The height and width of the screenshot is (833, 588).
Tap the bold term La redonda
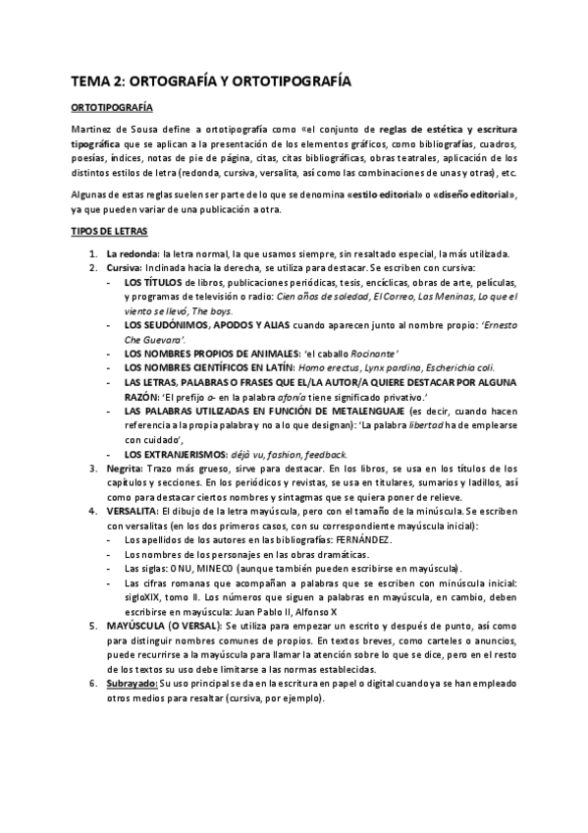pyautogui.click(x=133, y=254)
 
